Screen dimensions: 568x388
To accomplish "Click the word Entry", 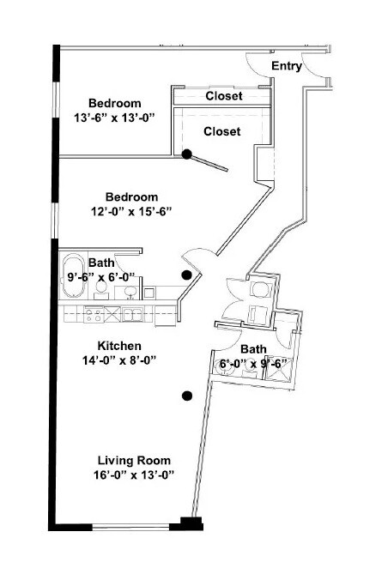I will pyautogui.click(x=286, y=66).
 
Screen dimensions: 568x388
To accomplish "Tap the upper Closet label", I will pyautogui.click(x=223, y=96).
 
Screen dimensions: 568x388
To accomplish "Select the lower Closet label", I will pyautogui.click(x=221, y=131).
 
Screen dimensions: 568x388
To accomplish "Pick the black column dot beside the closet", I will pyautogui.click(x=186, y=154).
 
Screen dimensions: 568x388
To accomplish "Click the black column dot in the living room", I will pyautogui.click(x=186, y=396).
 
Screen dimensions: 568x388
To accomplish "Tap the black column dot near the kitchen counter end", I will pyautogui.click(x=186, y=275).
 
